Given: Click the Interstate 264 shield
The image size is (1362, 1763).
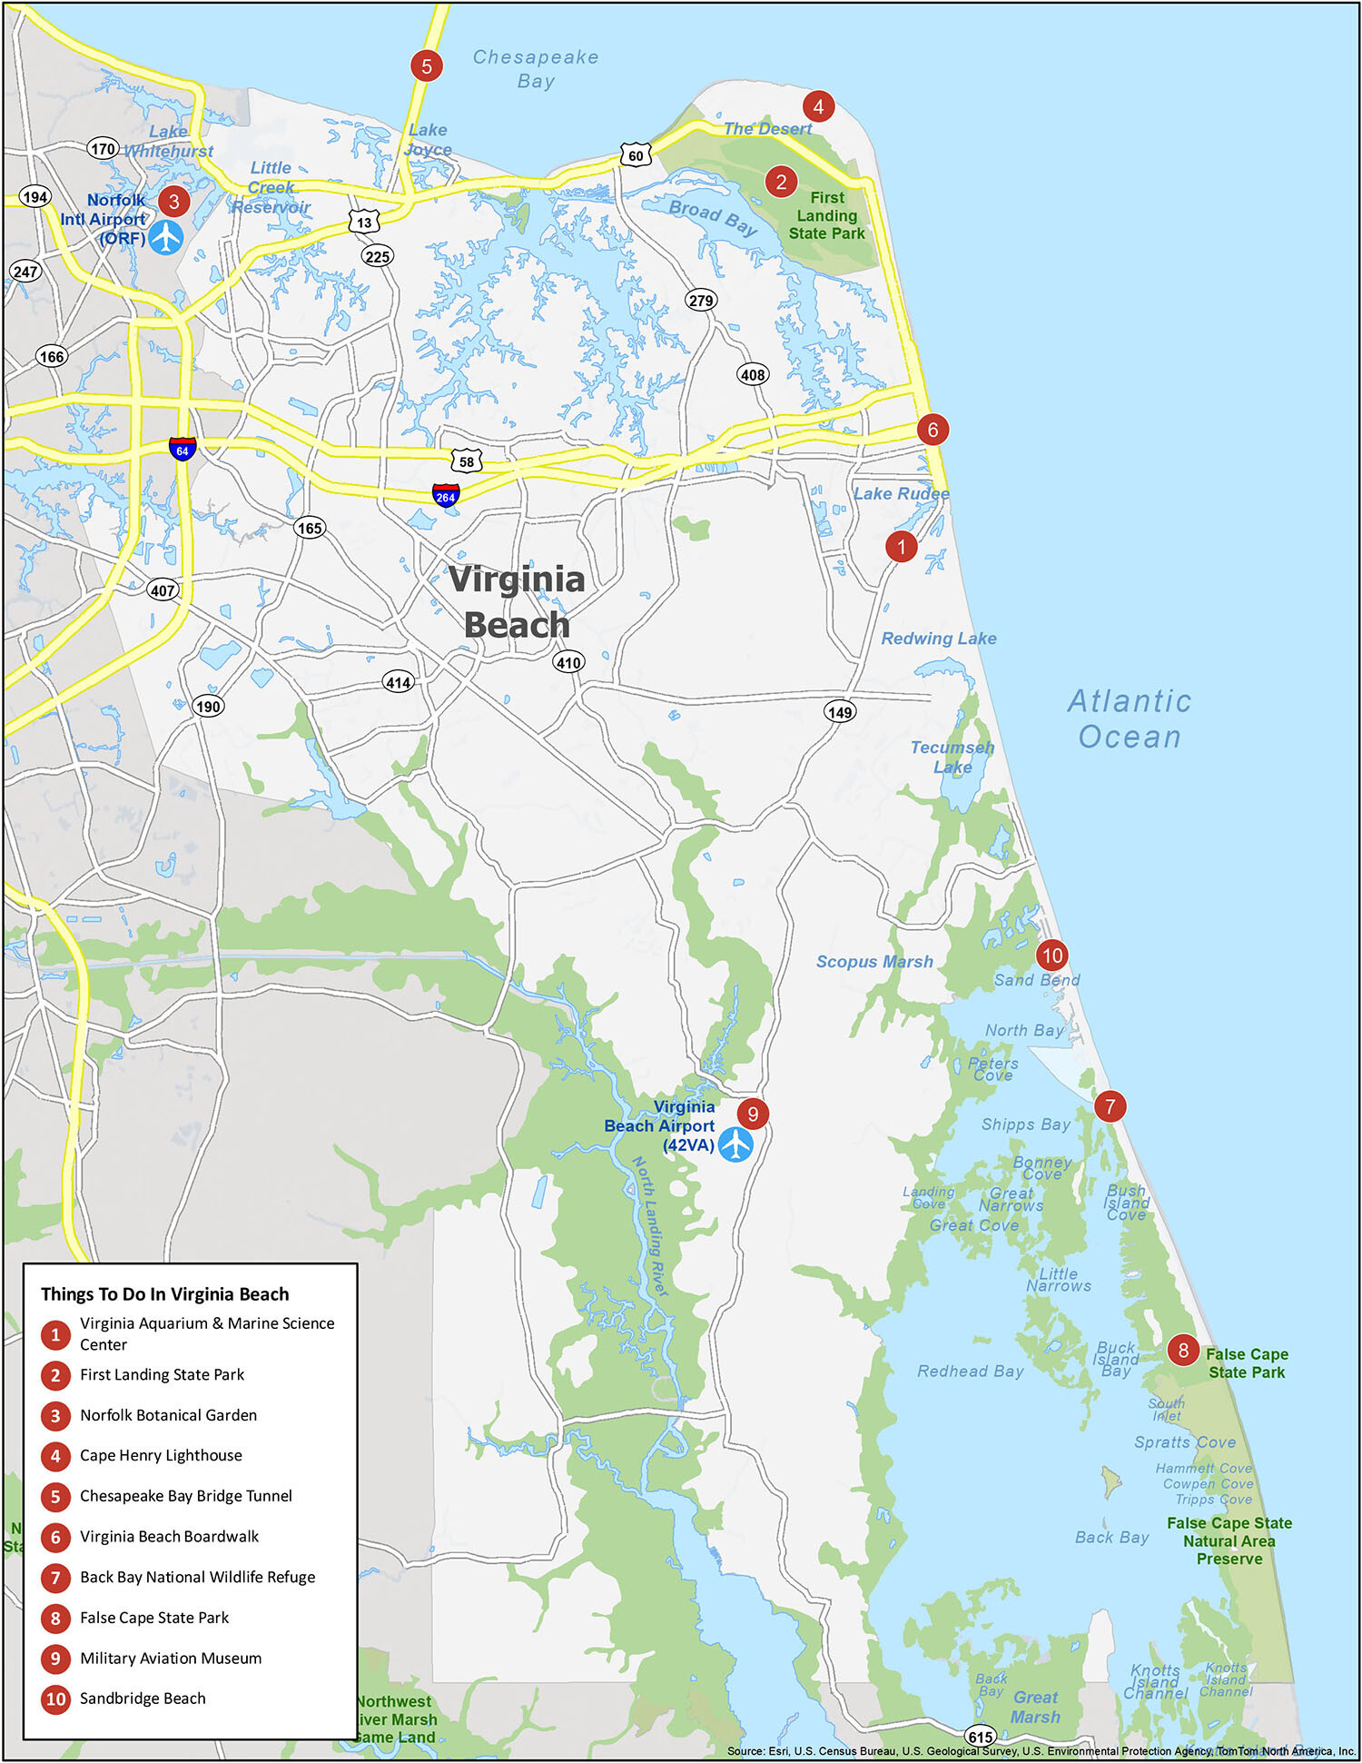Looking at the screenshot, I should point(445,495).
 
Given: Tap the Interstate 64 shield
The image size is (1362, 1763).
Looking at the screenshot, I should point(183,448).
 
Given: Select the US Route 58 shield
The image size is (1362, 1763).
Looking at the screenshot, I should point(466,461).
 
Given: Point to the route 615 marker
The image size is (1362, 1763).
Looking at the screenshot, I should point(981,1736).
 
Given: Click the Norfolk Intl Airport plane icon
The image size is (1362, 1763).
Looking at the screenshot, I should point(165,237).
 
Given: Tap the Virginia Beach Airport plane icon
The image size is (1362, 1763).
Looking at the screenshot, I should point(735,1144).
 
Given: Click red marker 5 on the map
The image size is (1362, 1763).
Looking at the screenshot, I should point(426,65).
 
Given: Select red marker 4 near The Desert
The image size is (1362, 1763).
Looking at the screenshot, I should point(818,106).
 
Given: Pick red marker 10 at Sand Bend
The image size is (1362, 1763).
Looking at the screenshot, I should point(1051,955).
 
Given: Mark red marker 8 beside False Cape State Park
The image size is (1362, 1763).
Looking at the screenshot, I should point(1183,1350).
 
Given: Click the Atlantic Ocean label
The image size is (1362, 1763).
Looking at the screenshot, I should point(1130,718).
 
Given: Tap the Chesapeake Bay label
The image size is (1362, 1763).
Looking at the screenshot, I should point(536,69).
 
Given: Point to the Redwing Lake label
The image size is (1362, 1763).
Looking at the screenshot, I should point(939,639).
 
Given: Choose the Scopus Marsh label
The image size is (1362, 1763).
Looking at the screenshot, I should point(874,961).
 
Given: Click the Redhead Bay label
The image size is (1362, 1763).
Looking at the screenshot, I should point(970,1372).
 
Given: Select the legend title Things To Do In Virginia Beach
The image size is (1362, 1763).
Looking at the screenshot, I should point(164,1294).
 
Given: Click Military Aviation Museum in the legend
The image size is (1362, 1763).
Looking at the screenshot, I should point(171,1658).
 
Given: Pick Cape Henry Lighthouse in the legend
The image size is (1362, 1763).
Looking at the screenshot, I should point(161,1455).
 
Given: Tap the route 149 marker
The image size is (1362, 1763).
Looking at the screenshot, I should point(840,712).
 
